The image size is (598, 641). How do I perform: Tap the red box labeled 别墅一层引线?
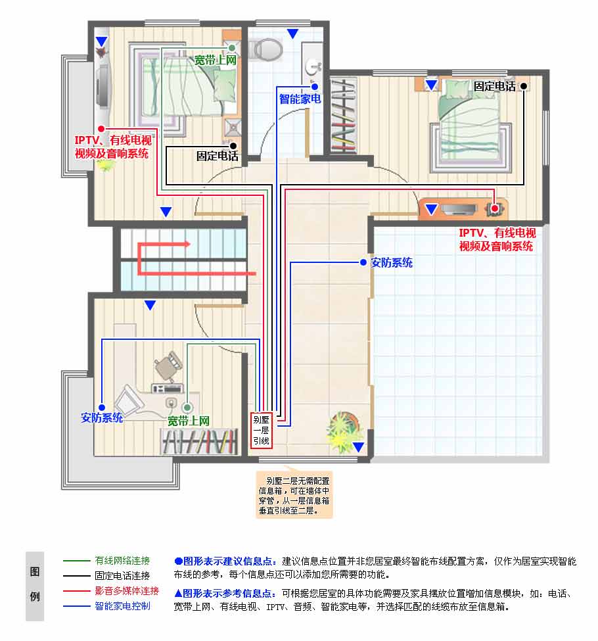(x=261, y=430)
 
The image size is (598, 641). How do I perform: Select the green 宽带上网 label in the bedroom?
(x=216, y=60)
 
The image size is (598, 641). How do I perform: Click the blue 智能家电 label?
(x=300, y=99)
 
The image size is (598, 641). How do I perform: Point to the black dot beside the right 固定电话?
(x=524, y=86)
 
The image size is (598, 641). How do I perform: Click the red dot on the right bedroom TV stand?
(x=495, y=208)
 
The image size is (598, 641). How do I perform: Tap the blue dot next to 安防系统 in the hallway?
(x=363, y=262)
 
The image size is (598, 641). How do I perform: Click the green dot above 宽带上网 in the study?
(x=187, y=408)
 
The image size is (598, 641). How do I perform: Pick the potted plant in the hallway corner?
(x=342, y=431)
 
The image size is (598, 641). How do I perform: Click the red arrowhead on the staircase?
(x=188, y=244)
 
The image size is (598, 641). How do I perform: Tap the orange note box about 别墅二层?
(x=294, y=495)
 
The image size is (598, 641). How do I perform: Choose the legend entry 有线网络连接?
(x=122, y=561)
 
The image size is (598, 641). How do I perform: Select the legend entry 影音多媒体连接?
(x=127, y=591)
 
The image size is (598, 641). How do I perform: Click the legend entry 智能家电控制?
(x=122, y=606)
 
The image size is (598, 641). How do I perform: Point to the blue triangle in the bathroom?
(x=292, y=34)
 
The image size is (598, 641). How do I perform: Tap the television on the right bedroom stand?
(x=459, y=209)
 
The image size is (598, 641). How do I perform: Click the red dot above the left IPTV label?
(x=101, y=129)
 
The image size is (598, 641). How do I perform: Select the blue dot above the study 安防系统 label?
(x=102, y=407)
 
